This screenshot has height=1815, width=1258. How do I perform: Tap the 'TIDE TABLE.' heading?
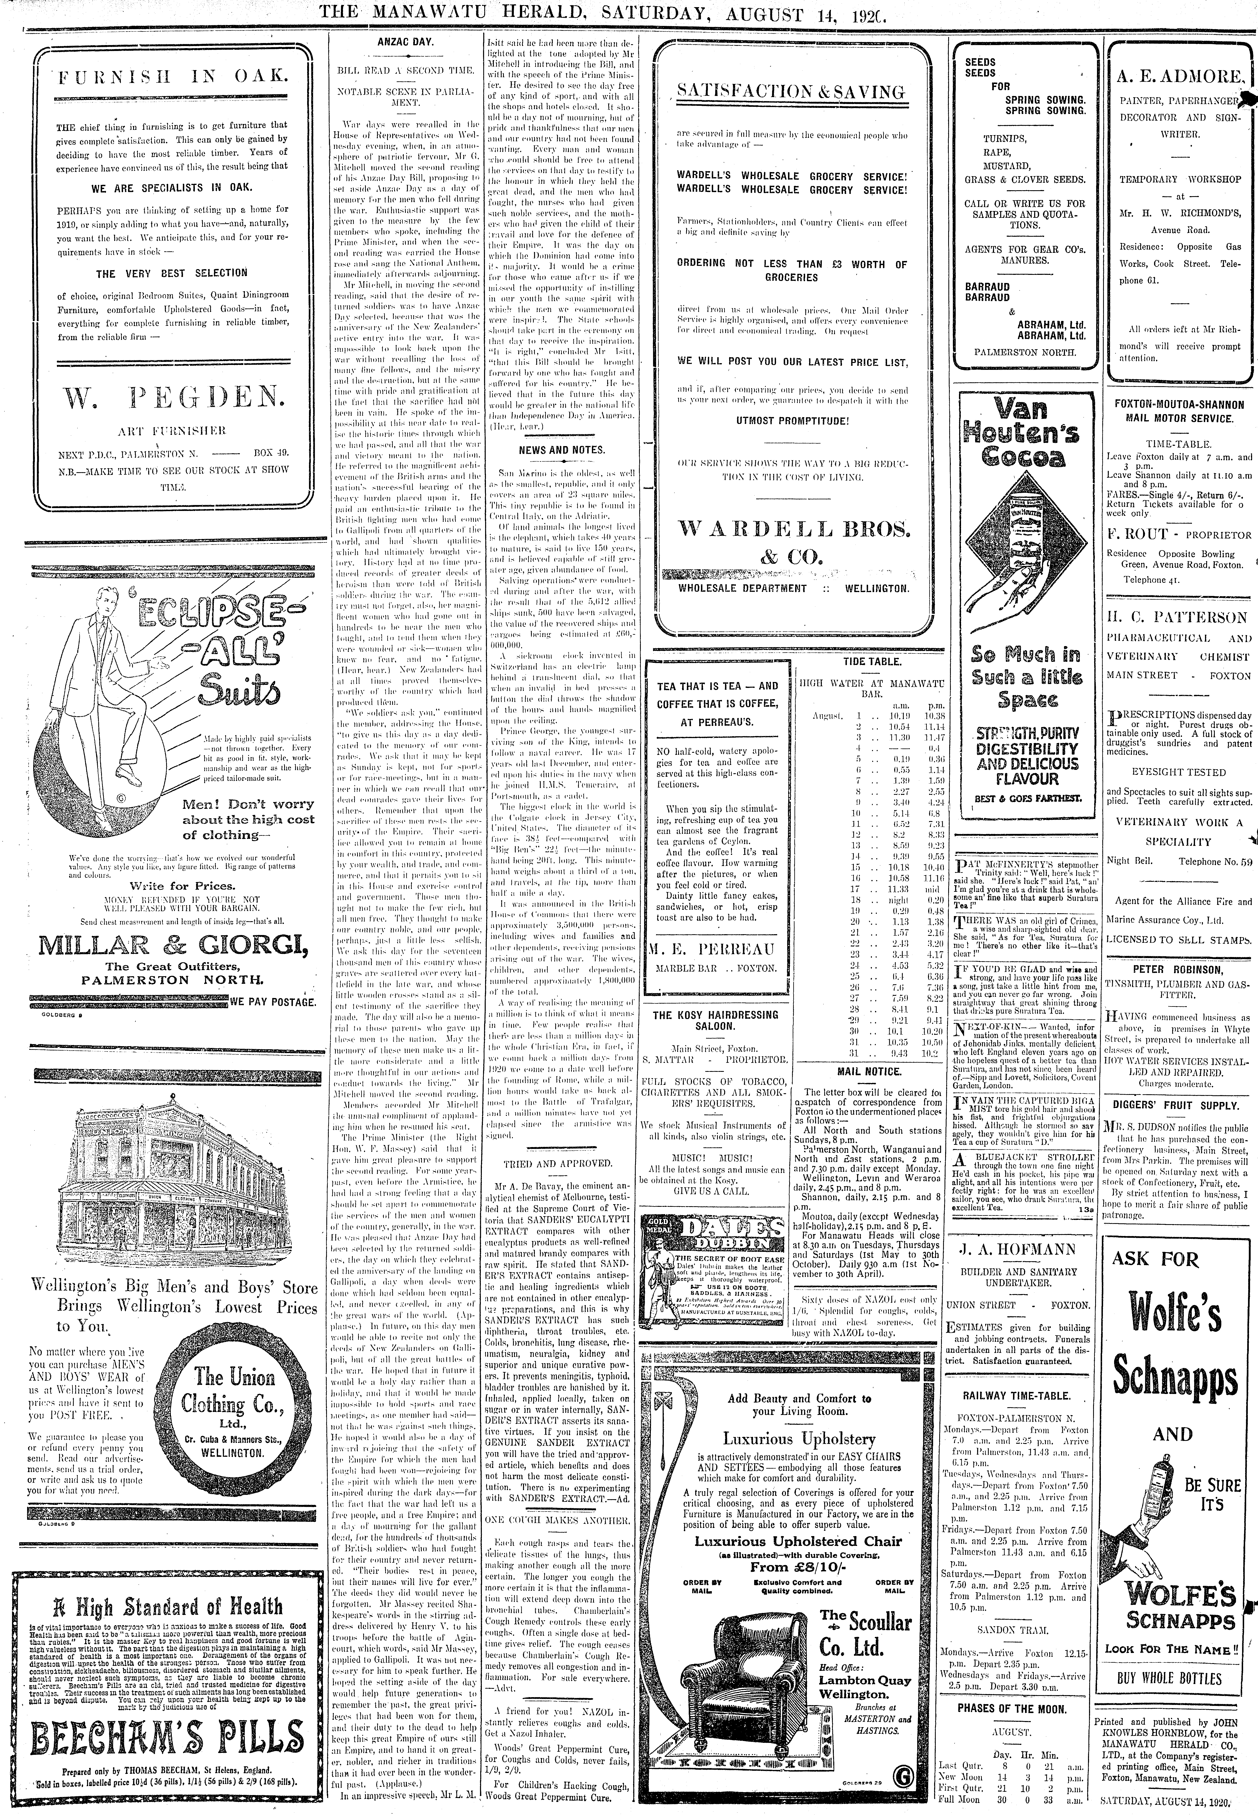point(872,661)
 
